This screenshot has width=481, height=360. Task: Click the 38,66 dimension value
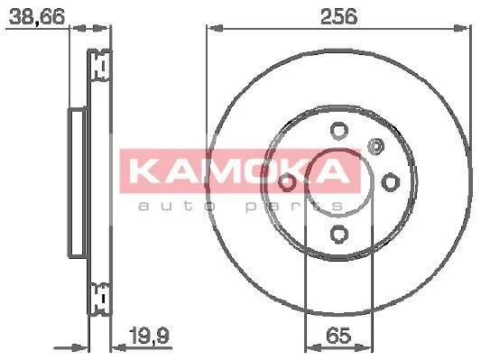click(37, 16)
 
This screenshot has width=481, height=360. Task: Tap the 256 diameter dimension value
click(338, 16)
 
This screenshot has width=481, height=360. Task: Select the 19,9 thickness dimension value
click(150, 336)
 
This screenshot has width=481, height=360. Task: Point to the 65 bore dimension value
click(338, 336)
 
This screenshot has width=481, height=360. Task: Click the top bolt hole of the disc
click(339, 131)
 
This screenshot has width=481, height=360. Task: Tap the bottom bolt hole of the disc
click(339, 234)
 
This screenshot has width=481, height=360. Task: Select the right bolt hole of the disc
click(391, 182)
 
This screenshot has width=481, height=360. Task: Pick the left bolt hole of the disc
click(288, 182)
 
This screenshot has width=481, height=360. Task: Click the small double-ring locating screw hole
click(375, 146)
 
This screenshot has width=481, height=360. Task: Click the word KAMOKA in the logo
click(239, 171)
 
